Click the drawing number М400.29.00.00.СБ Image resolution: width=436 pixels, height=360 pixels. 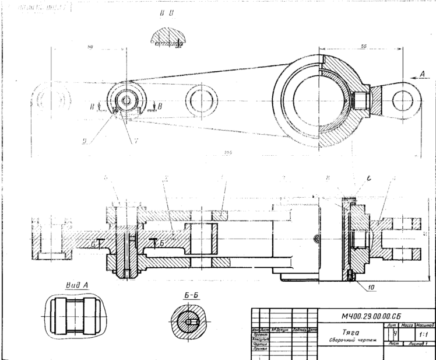(x=371, y=316)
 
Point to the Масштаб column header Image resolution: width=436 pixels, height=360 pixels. (x=424, y=324)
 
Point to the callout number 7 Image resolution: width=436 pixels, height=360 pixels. (x=136, y=140)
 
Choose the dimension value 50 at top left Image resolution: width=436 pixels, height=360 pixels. (x=91, y=47)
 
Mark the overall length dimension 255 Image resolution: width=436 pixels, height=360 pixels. (x=228, y=153)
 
